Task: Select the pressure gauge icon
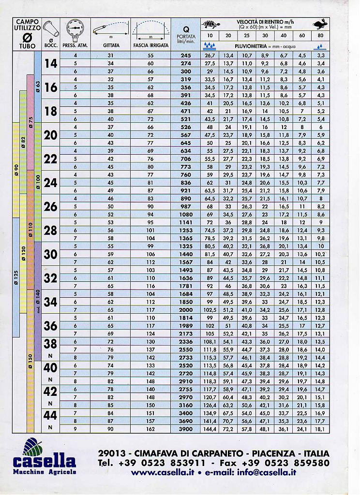tap(75, 29)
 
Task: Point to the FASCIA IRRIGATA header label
tap(150, 45)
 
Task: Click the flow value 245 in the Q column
tap(186, 55)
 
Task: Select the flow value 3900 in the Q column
tap(186, 429)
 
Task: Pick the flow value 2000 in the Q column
tap(186, 309)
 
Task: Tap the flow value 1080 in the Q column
tap(186, 214)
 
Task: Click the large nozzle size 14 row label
tap(50, 63)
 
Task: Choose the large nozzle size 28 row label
tap(50, 230)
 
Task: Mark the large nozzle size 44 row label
tap(50, 415)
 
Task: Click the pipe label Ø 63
tap(38, 87)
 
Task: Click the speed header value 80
tap(320, 36)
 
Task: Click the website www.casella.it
tap(163, 473)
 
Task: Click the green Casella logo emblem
tap(33, 445)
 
